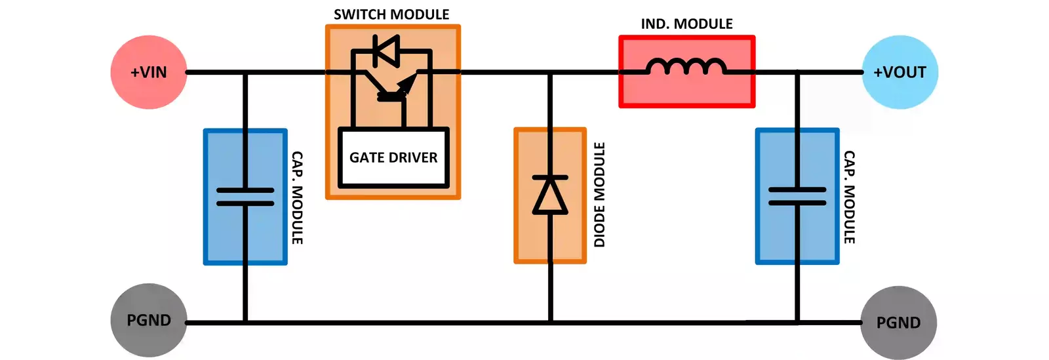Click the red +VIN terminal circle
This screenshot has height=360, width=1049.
pos(149,72)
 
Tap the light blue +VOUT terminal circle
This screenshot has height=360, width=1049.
pos(900,72)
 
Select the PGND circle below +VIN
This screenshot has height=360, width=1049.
pos(149,320)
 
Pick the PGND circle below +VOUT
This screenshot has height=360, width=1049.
pos(898,322)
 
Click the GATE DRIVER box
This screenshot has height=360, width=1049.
pos(393,158)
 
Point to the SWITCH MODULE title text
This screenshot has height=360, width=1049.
pos(391,14)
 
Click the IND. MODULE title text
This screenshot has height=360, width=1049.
pos(686,24)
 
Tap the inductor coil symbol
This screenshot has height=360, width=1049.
pos(686,66)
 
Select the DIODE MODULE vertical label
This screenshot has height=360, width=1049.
pos(599,195)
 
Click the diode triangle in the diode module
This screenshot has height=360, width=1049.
pos(550,195)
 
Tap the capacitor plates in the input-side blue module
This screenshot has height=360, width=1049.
pos(245,197)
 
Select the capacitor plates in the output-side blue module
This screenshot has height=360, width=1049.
pos(797,196)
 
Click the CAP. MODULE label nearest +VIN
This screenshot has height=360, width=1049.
pos(297,198)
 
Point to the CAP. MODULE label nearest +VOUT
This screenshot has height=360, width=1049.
pos(849,197)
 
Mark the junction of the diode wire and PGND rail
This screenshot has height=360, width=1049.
pos(550,322)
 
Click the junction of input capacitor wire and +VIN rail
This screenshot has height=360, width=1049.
pos(245,72)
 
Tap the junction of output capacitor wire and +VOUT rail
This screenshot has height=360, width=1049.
pos(797,72)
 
